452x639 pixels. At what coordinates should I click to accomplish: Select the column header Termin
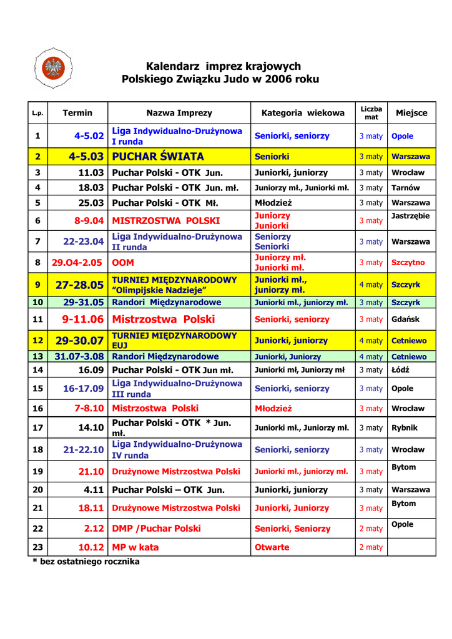[x=77, y=113]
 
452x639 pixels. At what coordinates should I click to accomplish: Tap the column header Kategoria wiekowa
[x=303, y=113]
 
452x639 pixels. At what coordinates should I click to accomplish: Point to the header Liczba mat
[x=371, y=113]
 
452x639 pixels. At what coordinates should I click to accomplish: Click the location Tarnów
[x=406, y=187]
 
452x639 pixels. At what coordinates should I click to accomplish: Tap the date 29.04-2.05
[x=77, y=263]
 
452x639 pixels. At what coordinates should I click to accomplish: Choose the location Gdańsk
[x=405, y=319]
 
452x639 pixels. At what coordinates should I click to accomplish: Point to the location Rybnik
[x=405, y=428]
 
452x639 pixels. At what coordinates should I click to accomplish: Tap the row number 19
[x=37, y=471]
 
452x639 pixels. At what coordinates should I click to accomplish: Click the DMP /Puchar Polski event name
[x=156, y=528]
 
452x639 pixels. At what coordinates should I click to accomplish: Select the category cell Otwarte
[x=272, y=547]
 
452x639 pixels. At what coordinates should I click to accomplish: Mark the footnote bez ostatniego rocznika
[x=86, y=562]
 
